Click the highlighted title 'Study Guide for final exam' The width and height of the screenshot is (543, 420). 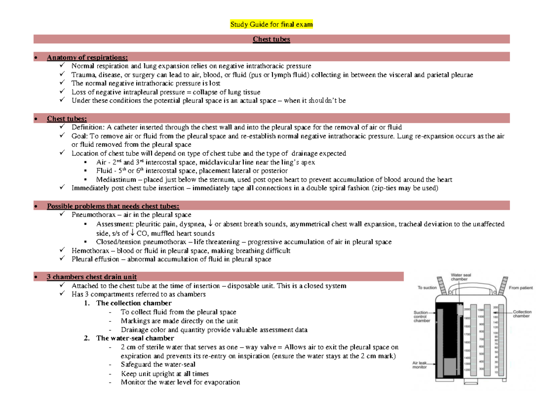[271, 24]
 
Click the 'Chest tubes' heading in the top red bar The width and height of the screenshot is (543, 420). [271, 39]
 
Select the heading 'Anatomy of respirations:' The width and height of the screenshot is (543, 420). [87, 57]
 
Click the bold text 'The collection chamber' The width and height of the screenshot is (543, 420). [134, 303]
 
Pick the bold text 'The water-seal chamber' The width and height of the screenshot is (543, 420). [135, 338]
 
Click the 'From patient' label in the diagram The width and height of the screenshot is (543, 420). [521, 288]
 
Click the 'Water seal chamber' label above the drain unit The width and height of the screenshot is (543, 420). [460, 277]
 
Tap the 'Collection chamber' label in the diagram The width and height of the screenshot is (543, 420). [522, 314]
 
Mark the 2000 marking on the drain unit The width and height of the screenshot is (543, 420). [467, 309]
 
